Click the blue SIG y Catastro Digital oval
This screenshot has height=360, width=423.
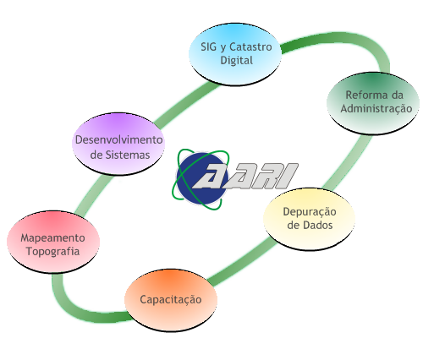coord(235,54)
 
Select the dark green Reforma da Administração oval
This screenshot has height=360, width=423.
coord(373,103)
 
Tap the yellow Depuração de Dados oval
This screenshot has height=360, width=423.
coord(309,219)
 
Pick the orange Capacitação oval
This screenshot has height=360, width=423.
coord(171,300)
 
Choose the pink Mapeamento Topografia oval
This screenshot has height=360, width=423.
coord(53,242)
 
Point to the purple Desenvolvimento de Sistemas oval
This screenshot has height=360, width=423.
coord(118,144)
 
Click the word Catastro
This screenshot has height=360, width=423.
coord(250,46)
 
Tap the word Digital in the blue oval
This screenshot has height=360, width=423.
coord(236,61)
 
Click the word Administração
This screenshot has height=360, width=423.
coord(376,109)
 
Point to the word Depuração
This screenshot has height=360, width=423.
coord(310,212)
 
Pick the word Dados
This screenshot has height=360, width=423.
coord(317,225)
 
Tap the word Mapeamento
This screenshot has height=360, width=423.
coord(52,238)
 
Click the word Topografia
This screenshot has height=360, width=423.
coord(52,252)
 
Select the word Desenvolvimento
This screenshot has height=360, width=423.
coord(118,139)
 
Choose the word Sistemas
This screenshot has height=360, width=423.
coord(128,155)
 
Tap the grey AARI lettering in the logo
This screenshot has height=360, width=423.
coord(244,176)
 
